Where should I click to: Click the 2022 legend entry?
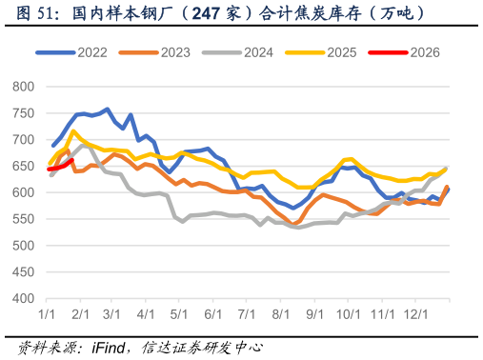[84, 53]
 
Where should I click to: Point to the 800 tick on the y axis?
[24, 87]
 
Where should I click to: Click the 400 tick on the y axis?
[24, 299]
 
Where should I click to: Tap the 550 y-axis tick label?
[24, 219]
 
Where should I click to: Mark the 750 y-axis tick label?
[24, 113]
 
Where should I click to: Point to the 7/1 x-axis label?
[247, 313]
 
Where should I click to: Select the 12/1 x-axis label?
[414, 313]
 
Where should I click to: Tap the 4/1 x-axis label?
[147, 313]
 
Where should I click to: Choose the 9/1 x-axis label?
[313, 313]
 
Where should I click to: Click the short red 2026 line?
[60, 167]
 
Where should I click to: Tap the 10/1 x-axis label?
[349, 313]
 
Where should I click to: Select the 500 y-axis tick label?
[24, 246]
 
